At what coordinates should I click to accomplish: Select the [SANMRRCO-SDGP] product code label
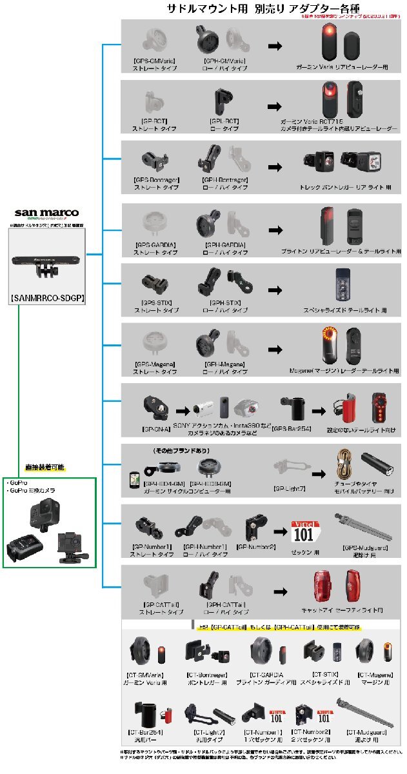pyautogui.click(x=49, y=299)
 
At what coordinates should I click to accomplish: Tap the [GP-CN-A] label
pyautogui.click(x=157, y=428)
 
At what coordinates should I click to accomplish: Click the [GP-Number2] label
pyautogui.click(x=256, y=546)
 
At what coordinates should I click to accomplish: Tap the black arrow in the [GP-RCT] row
pyautogui.click(x=275, y=106)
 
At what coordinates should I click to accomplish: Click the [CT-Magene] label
pyautogui.click(x=373, y=674)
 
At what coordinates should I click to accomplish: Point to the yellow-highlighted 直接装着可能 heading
pyautogui.click(x=50, y=466)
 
